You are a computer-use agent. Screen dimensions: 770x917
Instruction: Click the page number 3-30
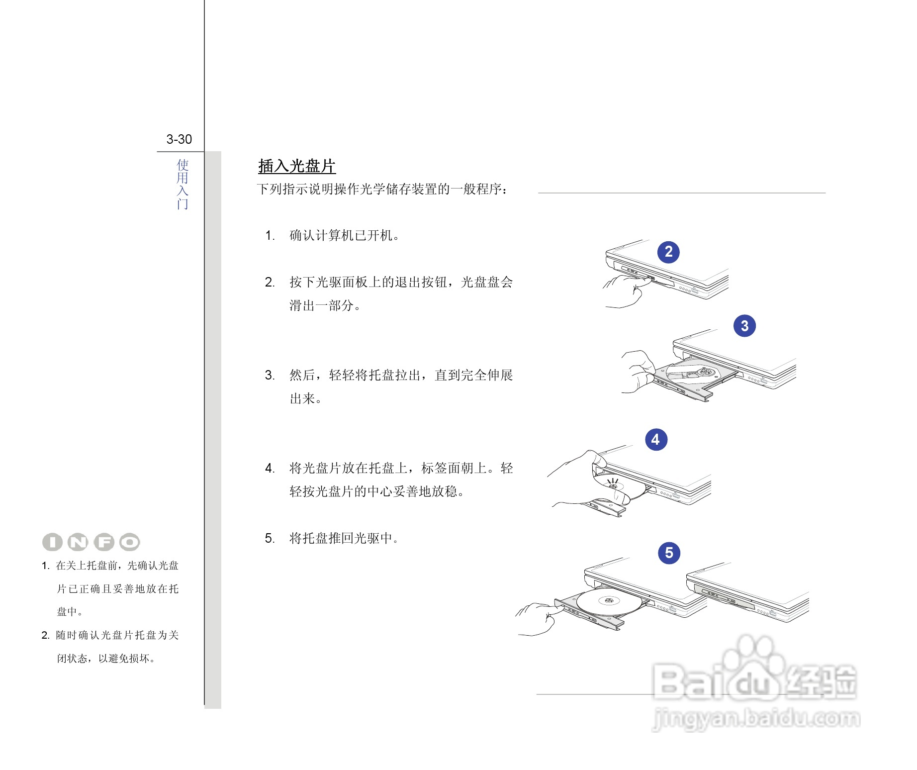[x=179, y=139]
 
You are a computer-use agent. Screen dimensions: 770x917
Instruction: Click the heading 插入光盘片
[x=297, y=166]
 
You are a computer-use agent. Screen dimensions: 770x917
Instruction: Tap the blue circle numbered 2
[x=668, y=252]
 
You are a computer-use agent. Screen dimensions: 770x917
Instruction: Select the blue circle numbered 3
[x=744, y=326]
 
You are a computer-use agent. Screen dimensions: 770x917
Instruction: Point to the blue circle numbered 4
[x=656, y=439]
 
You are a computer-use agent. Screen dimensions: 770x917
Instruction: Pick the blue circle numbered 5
[x=669, y=553]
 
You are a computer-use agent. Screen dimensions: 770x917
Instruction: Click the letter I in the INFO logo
[x=52, y=542]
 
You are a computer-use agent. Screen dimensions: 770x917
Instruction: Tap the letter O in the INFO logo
[x=130, y=542]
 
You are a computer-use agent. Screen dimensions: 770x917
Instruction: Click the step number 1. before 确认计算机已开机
[x=270, y=236]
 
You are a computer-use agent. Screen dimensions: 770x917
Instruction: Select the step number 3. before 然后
[x=270, y=375]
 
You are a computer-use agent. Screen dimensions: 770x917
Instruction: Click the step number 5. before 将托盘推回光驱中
[x=270, y=538]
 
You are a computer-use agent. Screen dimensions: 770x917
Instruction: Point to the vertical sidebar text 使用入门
[x=183, y=184]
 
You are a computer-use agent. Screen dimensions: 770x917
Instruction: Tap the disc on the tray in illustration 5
[x=607, y=602]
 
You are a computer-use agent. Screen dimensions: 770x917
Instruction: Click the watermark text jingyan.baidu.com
[x=756, y=719]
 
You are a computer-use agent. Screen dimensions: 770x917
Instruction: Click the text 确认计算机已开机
[x=345, y=236]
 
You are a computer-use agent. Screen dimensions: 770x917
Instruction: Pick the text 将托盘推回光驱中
[x=345, y=538]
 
